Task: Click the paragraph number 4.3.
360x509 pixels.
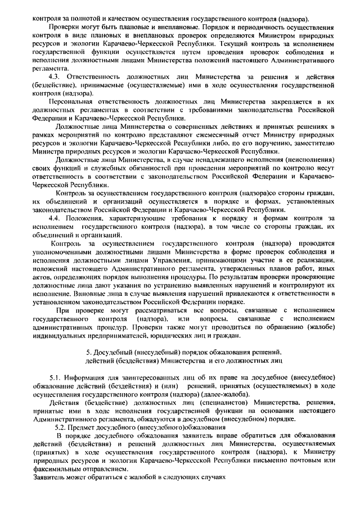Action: click(55, 76)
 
